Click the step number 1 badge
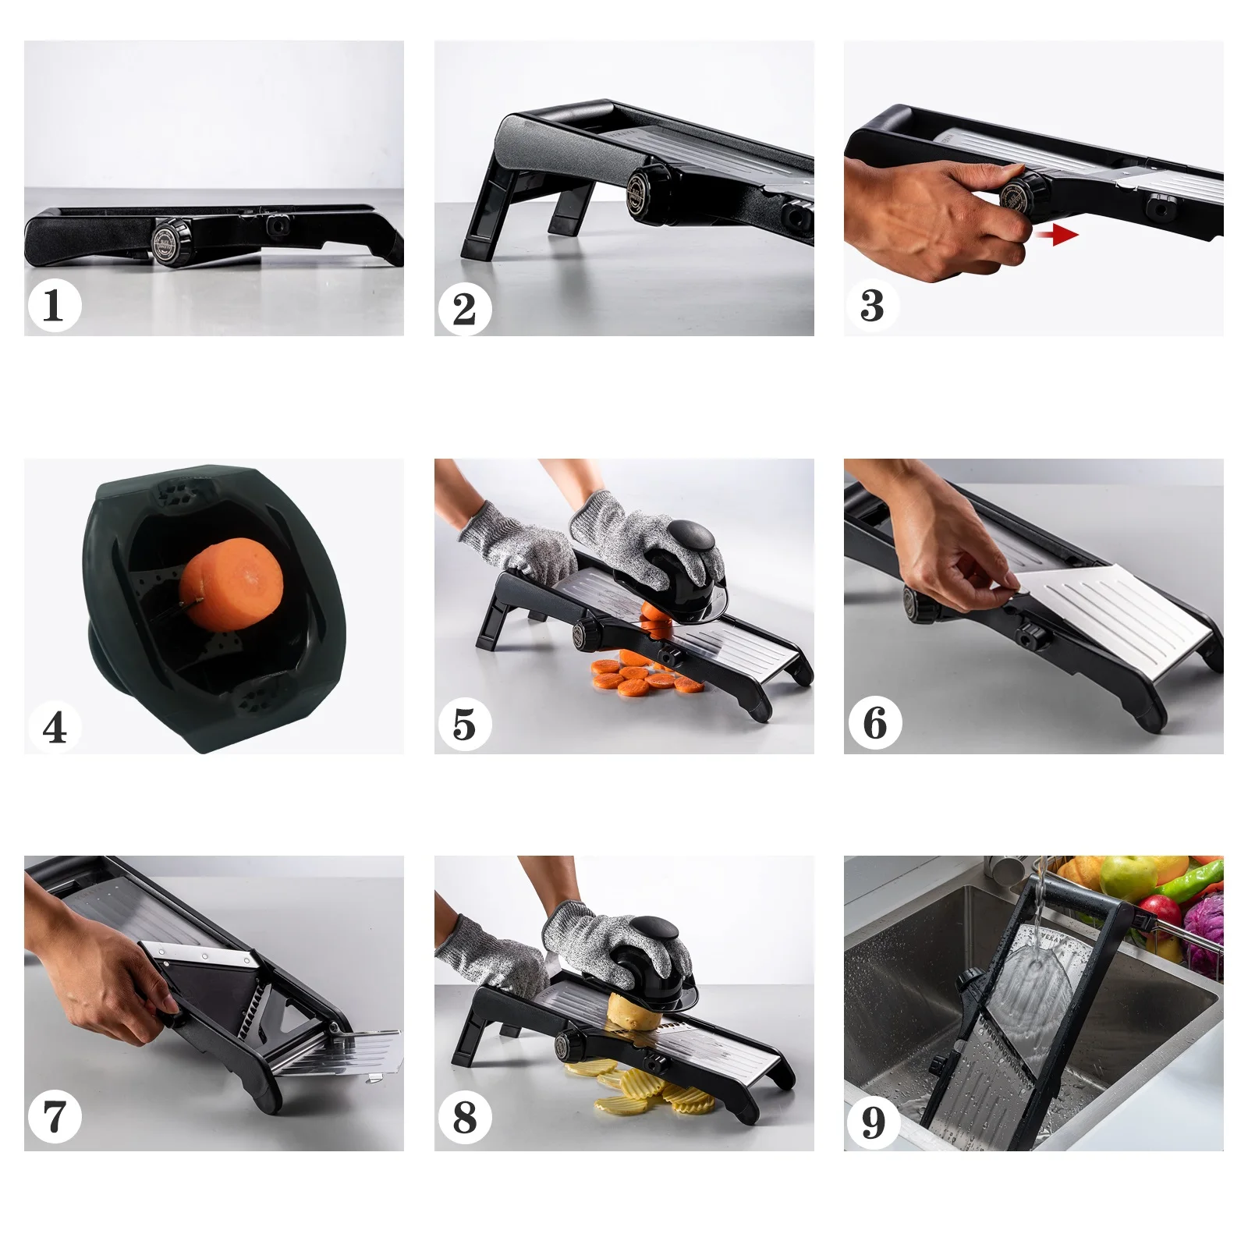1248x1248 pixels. click(x=54, y=305)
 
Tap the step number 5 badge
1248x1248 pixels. click(x=464, y=724)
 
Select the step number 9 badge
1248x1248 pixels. click(x=874, y=1122)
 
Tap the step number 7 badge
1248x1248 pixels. click(x=54, y=1117)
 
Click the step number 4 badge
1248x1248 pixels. click(x=54, y=727)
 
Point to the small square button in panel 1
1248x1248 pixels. click(x=277, y=226)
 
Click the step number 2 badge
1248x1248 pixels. click(x=464, y=309)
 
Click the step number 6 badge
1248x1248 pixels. click(x=874, y=723)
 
